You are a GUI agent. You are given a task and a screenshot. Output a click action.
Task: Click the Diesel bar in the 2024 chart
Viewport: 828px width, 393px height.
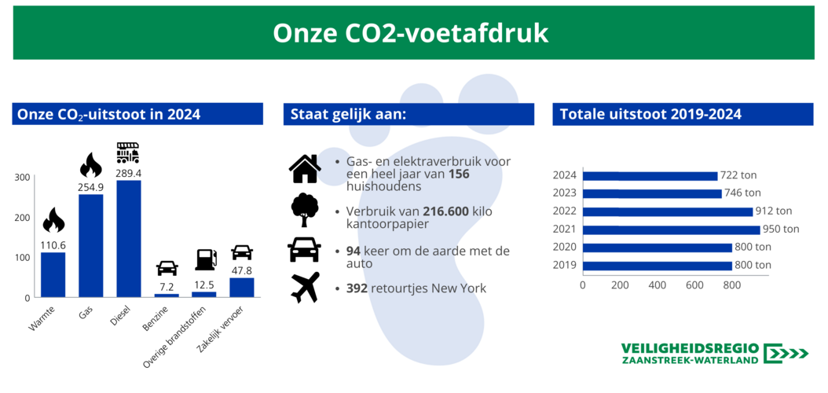[x=128, y=239]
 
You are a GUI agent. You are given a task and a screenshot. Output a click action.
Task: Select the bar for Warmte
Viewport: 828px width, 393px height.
[x=53, y=274]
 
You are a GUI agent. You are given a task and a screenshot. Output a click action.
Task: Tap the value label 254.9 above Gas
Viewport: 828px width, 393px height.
[x=91, y=187]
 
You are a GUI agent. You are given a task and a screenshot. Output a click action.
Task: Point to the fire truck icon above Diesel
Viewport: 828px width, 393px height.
[x=128, y=152]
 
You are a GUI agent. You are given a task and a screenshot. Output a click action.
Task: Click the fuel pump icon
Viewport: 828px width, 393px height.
[x=206, y=259]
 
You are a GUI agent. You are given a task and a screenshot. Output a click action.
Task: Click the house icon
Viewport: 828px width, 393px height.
[x=305, y=168]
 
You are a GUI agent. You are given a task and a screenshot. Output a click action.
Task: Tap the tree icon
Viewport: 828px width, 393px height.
[x=305, y=210]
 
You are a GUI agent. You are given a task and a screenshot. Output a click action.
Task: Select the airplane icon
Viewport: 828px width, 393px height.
[x=306, y=287]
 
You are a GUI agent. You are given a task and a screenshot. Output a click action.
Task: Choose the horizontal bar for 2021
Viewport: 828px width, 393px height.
[x=671, y=230]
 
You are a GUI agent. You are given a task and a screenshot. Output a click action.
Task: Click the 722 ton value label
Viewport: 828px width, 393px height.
[x=738, y=175]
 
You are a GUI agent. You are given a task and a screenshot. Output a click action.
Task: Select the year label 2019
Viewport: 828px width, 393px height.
[x=566, y=265]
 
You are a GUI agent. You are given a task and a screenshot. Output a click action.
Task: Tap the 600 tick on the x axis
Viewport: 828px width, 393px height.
[x=695, y=285]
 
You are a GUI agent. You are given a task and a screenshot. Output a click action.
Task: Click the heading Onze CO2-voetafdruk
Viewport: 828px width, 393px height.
[x=410, y=33]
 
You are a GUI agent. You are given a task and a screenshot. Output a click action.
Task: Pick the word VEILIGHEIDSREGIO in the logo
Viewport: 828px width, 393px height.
[x=691, y=349]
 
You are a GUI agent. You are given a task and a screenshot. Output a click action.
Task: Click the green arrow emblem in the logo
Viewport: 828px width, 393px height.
[x=786, y=354]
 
